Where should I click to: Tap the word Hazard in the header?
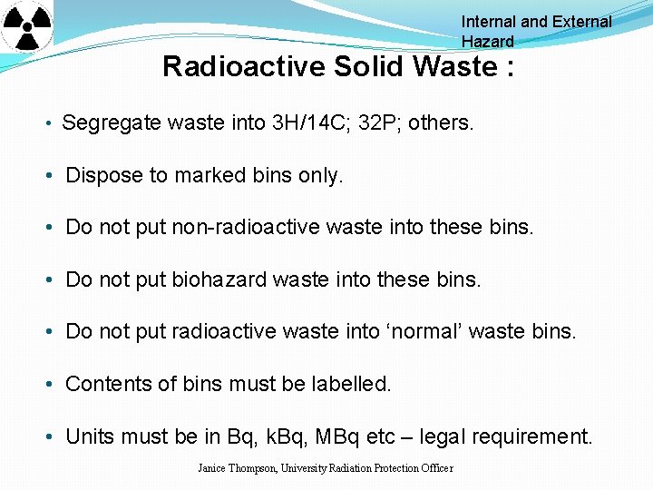(487, 42)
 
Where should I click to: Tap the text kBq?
(281, 436)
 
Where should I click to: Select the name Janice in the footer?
(215, 468)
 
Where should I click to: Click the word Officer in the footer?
(434, 468)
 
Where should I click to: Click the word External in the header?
(577, 22)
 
